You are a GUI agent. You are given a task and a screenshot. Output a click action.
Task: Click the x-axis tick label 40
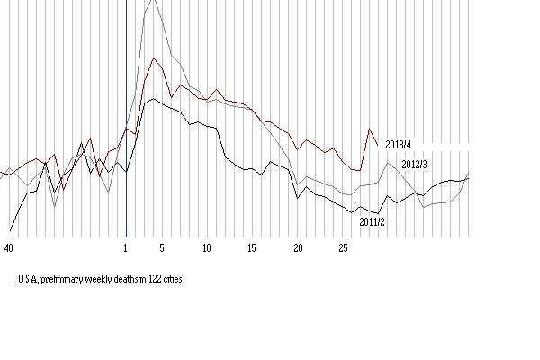[x=9, y=247]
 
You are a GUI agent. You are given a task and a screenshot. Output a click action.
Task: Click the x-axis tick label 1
[x=126, y=247]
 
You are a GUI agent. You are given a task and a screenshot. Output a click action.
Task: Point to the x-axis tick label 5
[x=162, y=247]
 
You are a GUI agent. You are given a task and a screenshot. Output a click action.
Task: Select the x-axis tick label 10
[x=207, y=247]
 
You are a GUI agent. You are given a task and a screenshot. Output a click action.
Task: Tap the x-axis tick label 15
[x=253, y=247]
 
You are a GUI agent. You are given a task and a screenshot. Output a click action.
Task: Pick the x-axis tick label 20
[x=298, y=247]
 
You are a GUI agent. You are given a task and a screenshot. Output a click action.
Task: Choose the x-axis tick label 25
[x=344, y=247]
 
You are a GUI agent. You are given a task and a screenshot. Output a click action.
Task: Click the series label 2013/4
[x=398, y=144]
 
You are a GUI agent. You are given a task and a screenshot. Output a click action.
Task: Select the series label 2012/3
[x=414, y=165]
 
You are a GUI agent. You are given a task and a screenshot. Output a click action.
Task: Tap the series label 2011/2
[x=373, y=221]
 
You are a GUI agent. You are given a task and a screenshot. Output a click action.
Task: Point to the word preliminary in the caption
[x=66, y=280]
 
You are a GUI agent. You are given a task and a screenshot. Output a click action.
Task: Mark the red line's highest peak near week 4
[x=155, y=58]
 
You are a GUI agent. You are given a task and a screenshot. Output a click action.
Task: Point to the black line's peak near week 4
[x=154, y=99]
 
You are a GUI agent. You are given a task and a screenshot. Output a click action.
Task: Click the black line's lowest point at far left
[x=10, y=229]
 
